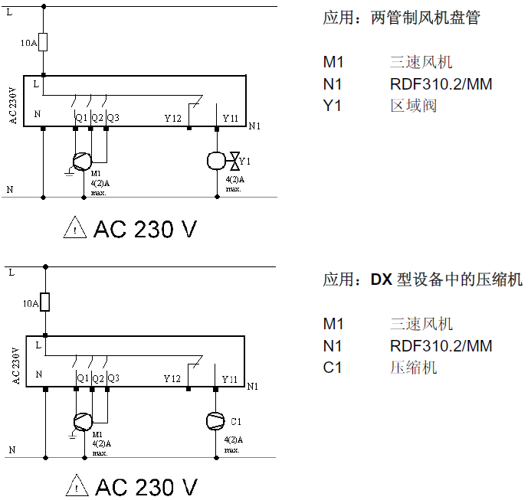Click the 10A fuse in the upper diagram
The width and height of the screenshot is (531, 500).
tap(44, 41)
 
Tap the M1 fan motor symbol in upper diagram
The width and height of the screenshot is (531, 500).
tap(81, 161)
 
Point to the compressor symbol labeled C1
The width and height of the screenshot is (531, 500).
tap(217, 421)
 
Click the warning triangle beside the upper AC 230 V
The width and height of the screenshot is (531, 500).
tap(75, 227)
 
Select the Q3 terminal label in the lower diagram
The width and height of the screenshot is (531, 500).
tap(113, 377)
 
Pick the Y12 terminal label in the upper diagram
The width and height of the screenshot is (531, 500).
tap(172, 118)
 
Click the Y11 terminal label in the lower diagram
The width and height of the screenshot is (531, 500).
tap(230, 378)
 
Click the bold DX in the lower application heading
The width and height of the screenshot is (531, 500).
tap(382, 280)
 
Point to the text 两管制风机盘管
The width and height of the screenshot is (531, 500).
tap(425, 18)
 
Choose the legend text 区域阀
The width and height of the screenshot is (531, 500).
tap(413, 106)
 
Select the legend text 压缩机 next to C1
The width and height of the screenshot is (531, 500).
tap(413, 368)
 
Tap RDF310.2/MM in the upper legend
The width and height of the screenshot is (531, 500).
tap(441, 84)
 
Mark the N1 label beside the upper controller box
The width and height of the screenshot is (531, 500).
tap(254, 126)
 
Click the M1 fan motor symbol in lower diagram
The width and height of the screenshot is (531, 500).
tap(82, 420)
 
